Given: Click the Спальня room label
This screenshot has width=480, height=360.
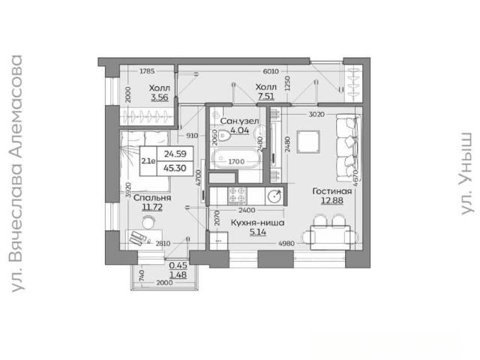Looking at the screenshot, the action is pyautogui.click(x=152, y=198).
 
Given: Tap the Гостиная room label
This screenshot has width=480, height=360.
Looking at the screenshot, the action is pyautogui.click(x=332, y=191).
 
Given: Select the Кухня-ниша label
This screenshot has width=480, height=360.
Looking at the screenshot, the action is pyautogui.click(x=257, y=223).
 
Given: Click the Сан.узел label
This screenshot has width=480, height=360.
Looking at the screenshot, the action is pyautogui.click(x=239, y=121).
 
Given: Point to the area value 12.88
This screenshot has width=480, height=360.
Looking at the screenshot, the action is pyautogui.click(x=332, y=201).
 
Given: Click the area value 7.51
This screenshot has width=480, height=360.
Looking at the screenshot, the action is pyautogui.click(x=266, y=97).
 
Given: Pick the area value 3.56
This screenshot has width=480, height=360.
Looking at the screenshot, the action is pyautogui.click(x=160, y=97).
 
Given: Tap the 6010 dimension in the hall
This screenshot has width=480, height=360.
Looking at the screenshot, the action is pyautogui.click(x=271, y=71).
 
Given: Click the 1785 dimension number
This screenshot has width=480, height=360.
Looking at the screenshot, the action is pyautogui.click(x=147, y=71).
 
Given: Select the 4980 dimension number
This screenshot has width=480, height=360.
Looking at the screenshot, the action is pyautogui.click(x=286, y=243).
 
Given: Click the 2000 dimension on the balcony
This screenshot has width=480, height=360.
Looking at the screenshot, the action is pyautogui.click(x=165, y=283).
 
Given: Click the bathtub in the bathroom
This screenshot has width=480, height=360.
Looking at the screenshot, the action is pyautogui.click(x=235, y=158).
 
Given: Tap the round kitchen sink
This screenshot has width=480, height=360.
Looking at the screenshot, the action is pyautogui.click(x=274, y=196).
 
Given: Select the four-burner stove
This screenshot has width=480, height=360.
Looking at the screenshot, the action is pyautogui.click(x=237, y=195).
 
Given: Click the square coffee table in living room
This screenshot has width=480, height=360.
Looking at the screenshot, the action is pyautogui.click(x=308, y=142).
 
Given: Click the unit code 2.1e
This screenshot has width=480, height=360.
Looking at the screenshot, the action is pyautogui.click(x=148, y=160).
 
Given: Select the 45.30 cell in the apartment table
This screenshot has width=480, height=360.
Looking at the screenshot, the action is pyautogui.click(x=175, y=168).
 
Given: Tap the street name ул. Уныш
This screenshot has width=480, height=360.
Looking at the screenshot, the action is pyautogui.click(x=466, y=173).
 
